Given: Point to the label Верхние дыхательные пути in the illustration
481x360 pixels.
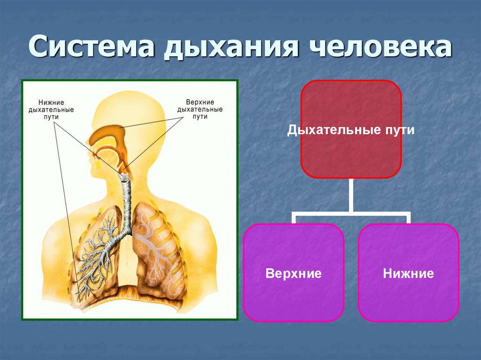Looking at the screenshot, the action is point(200,109).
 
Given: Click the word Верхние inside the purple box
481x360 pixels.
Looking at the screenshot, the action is point(294,273).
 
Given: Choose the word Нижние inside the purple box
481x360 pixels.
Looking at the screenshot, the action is point(408,273).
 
